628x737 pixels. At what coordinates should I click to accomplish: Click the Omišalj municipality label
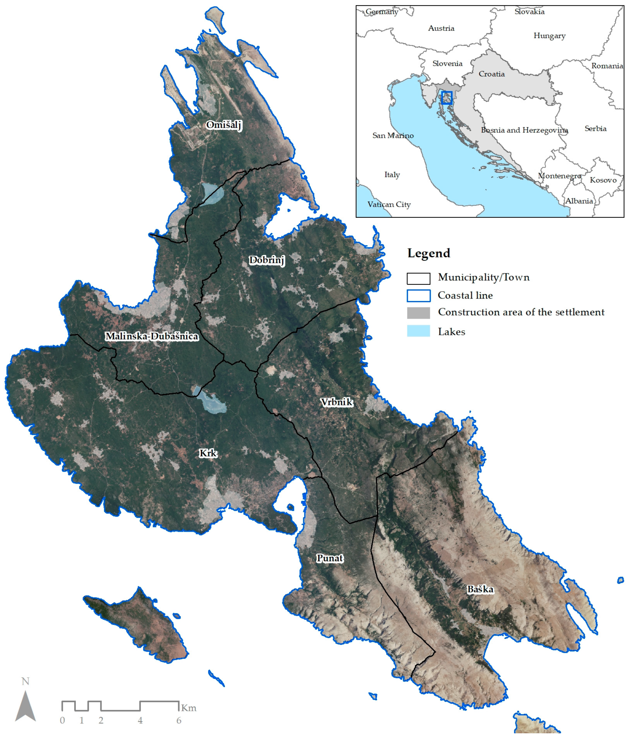[224, 125]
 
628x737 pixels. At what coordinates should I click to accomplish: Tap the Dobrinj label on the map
[267, 260]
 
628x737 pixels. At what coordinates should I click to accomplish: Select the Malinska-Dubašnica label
[152, 336]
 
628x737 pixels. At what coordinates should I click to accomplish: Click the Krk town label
[208, 453]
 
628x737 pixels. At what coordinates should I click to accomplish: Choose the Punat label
[330, 558]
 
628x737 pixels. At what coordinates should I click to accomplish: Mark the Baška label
[480, 589]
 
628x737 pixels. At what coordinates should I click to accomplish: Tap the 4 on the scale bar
[140, 720]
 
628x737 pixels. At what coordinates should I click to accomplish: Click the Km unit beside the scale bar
[189, 708]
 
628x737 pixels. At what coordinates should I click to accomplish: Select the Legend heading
[429, 253]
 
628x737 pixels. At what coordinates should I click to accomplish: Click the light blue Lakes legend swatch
[418, 331]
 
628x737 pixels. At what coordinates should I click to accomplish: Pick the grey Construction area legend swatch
[418, 313]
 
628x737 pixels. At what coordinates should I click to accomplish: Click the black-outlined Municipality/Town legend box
[418, 278]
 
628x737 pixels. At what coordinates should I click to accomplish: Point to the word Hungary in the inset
[549, 36]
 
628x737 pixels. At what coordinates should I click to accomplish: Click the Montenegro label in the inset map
[559, 176]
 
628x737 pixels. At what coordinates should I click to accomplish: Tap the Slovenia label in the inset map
[447, 64]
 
